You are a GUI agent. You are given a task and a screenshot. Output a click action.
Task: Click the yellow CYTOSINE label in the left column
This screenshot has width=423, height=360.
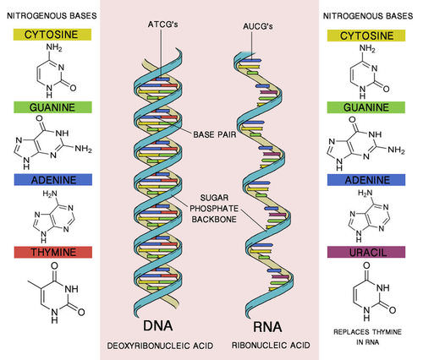tap(52, 35)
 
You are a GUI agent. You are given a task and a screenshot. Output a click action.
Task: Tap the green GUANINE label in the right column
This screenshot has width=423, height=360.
tap(366, 107)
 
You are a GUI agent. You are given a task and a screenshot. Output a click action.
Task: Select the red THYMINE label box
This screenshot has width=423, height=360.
tap(53, 252)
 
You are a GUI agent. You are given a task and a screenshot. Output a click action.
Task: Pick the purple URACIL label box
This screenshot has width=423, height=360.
tap(366, 252)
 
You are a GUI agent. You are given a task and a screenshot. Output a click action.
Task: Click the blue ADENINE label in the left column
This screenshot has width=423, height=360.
tap(53, 180)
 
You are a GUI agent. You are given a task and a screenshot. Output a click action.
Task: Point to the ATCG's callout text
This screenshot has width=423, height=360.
tap(162, 25)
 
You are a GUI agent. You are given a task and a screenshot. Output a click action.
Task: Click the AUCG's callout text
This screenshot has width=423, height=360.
tap(258, 26)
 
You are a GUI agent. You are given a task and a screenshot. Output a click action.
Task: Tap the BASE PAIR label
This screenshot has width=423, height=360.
tap(215, 134)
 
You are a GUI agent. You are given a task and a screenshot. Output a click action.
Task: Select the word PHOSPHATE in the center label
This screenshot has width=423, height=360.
tap(214, 209)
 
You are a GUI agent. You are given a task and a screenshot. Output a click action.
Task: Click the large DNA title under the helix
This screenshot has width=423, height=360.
tap(158, 325)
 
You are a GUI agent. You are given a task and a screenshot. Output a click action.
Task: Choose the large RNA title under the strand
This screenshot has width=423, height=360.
tap(267, 327)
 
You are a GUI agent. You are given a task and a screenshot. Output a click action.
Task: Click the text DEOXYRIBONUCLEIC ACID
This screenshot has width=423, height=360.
tap(160, 346)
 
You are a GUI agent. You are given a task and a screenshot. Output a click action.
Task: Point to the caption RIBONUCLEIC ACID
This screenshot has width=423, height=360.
tap(271, 345)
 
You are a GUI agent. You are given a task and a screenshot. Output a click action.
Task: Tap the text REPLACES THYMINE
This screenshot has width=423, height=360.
tap(367, 332)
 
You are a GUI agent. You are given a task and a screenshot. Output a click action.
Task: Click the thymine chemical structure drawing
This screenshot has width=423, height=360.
tap(57, 292)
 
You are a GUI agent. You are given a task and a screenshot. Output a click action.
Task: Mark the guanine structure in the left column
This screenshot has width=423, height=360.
tap(52, 142)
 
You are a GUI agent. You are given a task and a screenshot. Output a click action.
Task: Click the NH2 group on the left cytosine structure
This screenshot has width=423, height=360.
tap(54, 47)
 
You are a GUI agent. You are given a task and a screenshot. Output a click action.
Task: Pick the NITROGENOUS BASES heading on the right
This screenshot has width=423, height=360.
tap(368, 16)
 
